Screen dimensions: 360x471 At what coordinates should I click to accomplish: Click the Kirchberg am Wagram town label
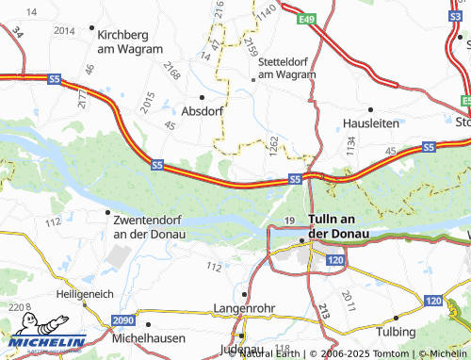coord(131,40)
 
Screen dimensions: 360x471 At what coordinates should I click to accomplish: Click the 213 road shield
coord(323,310)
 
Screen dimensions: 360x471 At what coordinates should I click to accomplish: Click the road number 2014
coord(64,30)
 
